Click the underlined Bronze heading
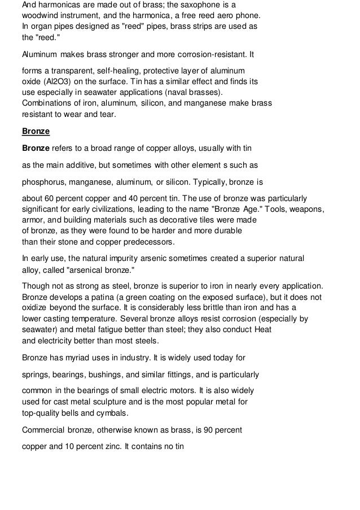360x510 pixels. click(36, 132)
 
